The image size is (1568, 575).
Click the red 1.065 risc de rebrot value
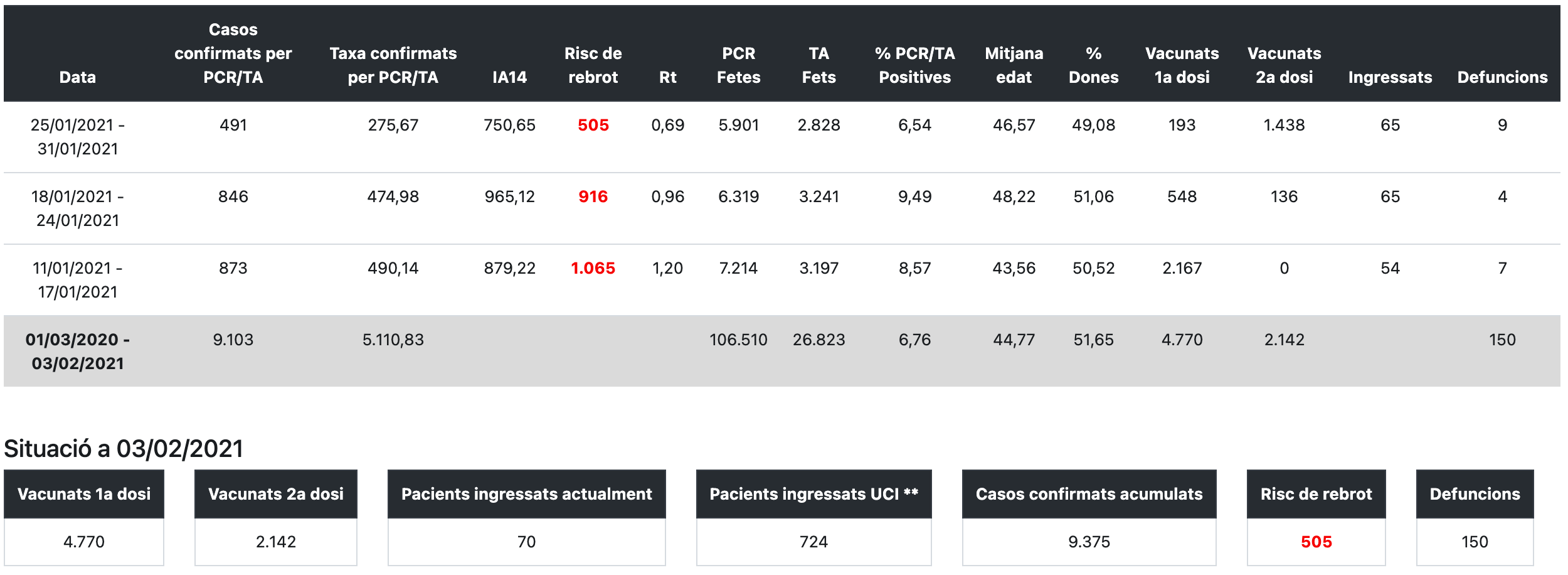[x=593, y=268]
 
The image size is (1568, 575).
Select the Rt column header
[x=667, y=77]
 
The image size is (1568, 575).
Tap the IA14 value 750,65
[x=509, y=125]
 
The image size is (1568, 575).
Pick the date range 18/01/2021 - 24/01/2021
[x=78, y=208]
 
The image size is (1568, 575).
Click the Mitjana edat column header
[x=1014, y=65]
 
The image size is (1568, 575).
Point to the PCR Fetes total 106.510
[x=738, y=340]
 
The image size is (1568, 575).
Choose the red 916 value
[x=593, y=196]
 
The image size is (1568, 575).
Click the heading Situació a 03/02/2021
[x=124, y=448]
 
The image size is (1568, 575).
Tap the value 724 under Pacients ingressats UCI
[x=813, y=542]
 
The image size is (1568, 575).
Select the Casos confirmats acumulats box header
[x=1089, y=494]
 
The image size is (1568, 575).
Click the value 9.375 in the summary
[x=1089, y=542]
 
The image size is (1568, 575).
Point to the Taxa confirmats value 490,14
[x=393, y=268]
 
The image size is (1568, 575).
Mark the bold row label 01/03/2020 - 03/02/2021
[x=78, y=352]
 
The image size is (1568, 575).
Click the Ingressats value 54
[x=1390, y=268]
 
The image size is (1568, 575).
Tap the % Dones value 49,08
[x=1093, y=125]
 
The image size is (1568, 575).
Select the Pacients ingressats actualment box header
[x=526, y=494]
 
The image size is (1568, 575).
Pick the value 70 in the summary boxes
[x=526, y=542]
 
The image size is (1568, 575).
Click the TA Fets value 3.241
[x=818, y=196]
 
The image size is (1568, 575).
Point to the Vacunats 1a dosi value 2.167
[x=1182, y=268]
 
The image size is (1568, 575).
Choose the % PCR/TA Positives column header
[x=914, y=65]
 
